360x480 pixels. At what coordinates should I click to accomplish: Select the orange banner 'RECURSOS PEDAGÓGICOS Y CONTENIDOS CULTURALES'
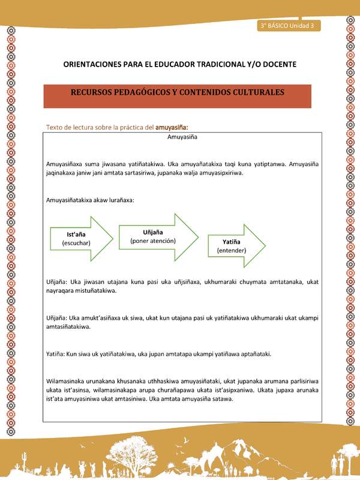click(178, 95)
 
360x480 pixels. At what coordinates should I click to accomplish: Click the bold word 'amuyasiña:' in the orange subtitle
click(172, 127)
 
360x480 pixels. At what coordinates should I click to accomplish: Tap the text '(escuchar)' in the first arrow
click(76, 244)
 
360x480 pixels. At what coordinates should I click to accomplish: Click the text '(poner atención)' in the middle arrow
click(153, 241)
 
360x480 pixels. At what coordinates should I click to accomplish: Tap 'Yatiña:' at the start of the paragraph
click(58, 354)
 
